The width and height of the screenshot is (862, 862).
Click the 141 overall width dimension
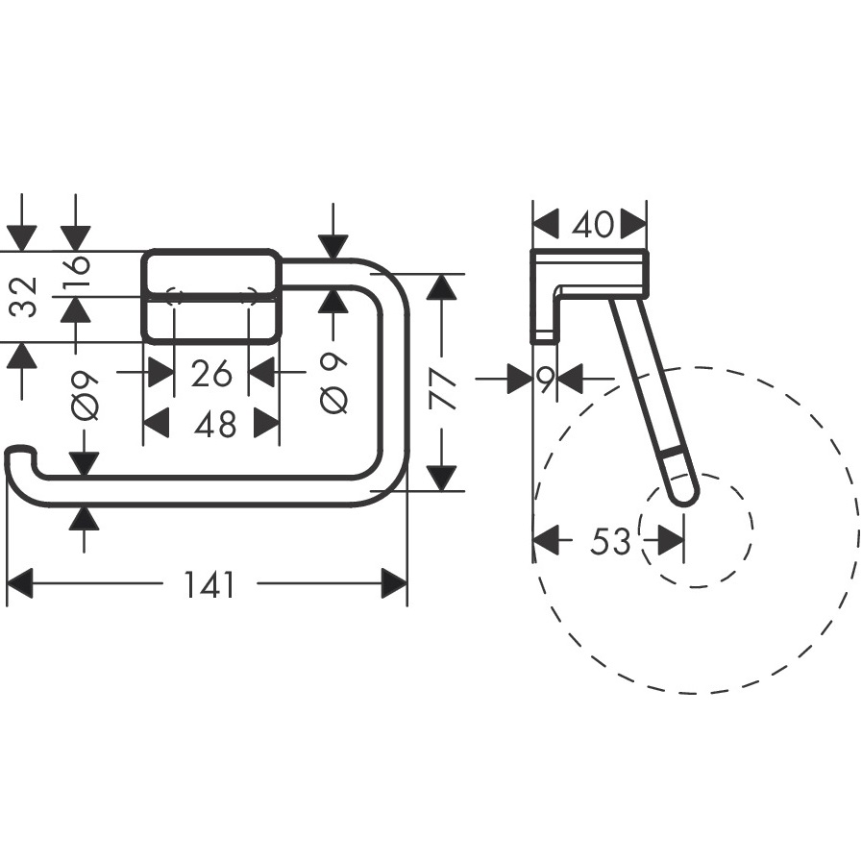click(x=209, y=583)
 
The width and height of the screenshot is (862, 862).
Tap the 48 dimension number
click(x=213, y=423)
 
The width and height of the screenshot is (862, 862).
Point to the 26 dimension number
click(x=211, y=372)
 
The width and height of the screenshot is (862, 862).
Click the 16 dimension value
click(x=76, y=274)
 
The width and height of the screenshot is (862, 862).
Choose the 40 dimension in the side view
click(x=591, y=225)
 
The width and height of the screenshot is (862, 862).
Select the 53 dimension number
click(x=609, y=541)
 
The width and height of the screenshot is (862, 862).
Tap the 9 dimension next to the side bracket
click(x=545, y=379)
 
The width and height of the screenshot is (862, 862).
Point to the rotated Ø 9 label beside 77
click(x=333, y=383)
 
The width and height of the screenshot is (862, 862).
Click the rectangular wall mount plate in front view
click(x=211, y=296)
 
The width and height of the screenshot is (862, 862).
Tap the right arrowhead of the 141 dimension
click(x=394, y=583)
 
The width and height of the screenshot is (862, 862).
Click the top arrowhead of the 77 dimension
click(x=441, y=286)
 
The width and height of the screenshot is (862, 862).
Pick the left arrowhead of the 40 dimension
click(x=545, y=225)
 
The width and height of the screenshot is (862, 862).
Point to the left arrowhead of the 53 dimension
click(x=545, y=541)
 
